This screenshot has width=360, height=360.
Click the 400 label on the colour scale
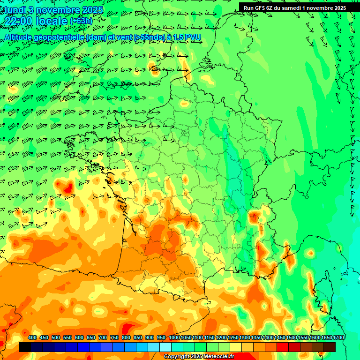point(32,337)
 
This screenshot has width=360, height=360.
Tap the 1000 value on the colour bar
point(174,337)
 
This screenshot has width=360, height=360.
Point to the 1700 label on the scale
point(338,337)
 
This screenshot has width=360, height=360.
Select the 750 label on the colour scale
point(114,337)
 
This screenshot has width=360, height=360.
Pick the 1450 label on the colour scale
point(280,337)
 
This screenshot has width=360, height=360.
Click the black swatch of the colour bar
point(25,347)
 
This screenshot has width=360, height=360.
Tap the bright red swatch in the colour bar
point(283,347)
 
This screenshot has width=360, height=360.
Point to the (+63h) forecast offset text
point(81,21)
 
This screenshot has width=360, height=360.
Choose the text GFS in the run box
point(261,7)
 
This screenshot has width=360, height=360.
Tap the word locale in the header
point(51,21)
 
